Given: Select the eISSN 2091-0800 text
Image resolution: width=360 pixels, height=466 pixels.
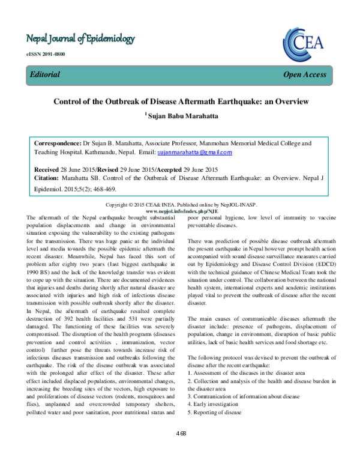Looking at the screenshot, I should pos(45,55).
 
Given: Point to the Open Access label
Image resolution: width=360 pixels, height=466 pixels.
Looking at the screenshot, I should pos(305,74).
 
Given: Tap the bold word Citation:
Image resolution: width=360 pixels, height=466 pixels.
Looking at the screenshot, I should pos(50,178).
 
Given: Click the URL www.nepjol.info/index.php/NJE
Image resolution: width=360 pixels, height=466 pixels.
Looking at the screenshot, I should pos(180,211).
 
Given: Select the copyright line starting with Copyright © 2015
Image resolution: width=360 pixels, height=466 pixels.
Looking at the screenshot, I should pos(180,205).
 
